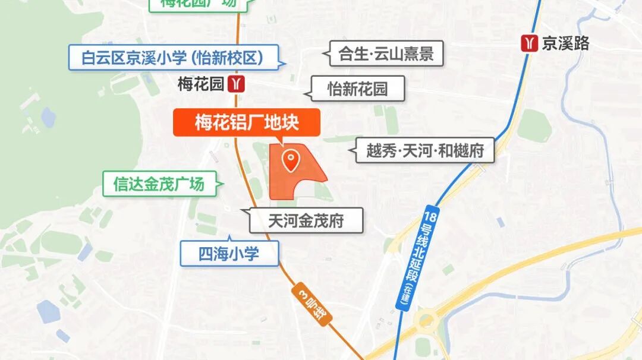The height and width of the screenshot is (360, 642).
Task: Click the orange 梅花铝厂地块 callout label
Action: pyautogui.click(x=246, y=123)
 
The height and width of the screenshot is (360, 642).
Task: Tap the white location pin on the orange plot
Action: pyautogui.click(x=291, y=161)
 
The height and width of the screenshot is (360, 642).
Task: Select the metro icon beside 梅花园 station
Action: pyautogui.click(x=237, y=84)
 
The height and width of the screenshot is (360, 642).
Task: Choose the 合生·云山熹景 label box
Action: pyautogui.click(x=386, y=55)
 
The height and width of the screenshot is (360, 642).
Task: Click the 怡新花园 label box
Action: pyautogui.click(x=358, y=89)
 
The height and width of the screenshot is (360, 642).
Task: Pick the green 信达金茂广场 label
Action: pyautogui.click(x=159, y=184)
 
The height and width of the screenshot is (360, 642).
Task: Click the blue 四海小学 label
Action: pyautogui.click(x=229, y=254)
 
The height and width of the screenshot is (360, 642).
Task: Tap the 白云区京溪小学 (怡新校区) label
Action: pyautogui.click(x=173, y=58)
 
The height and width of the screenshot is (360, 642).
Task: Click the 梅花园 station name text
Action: pyautogui.click(x=201, y=84)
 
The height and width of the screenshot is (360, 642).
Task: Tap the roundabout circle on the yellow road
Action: pyautogui.click(x=426, y=322)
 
